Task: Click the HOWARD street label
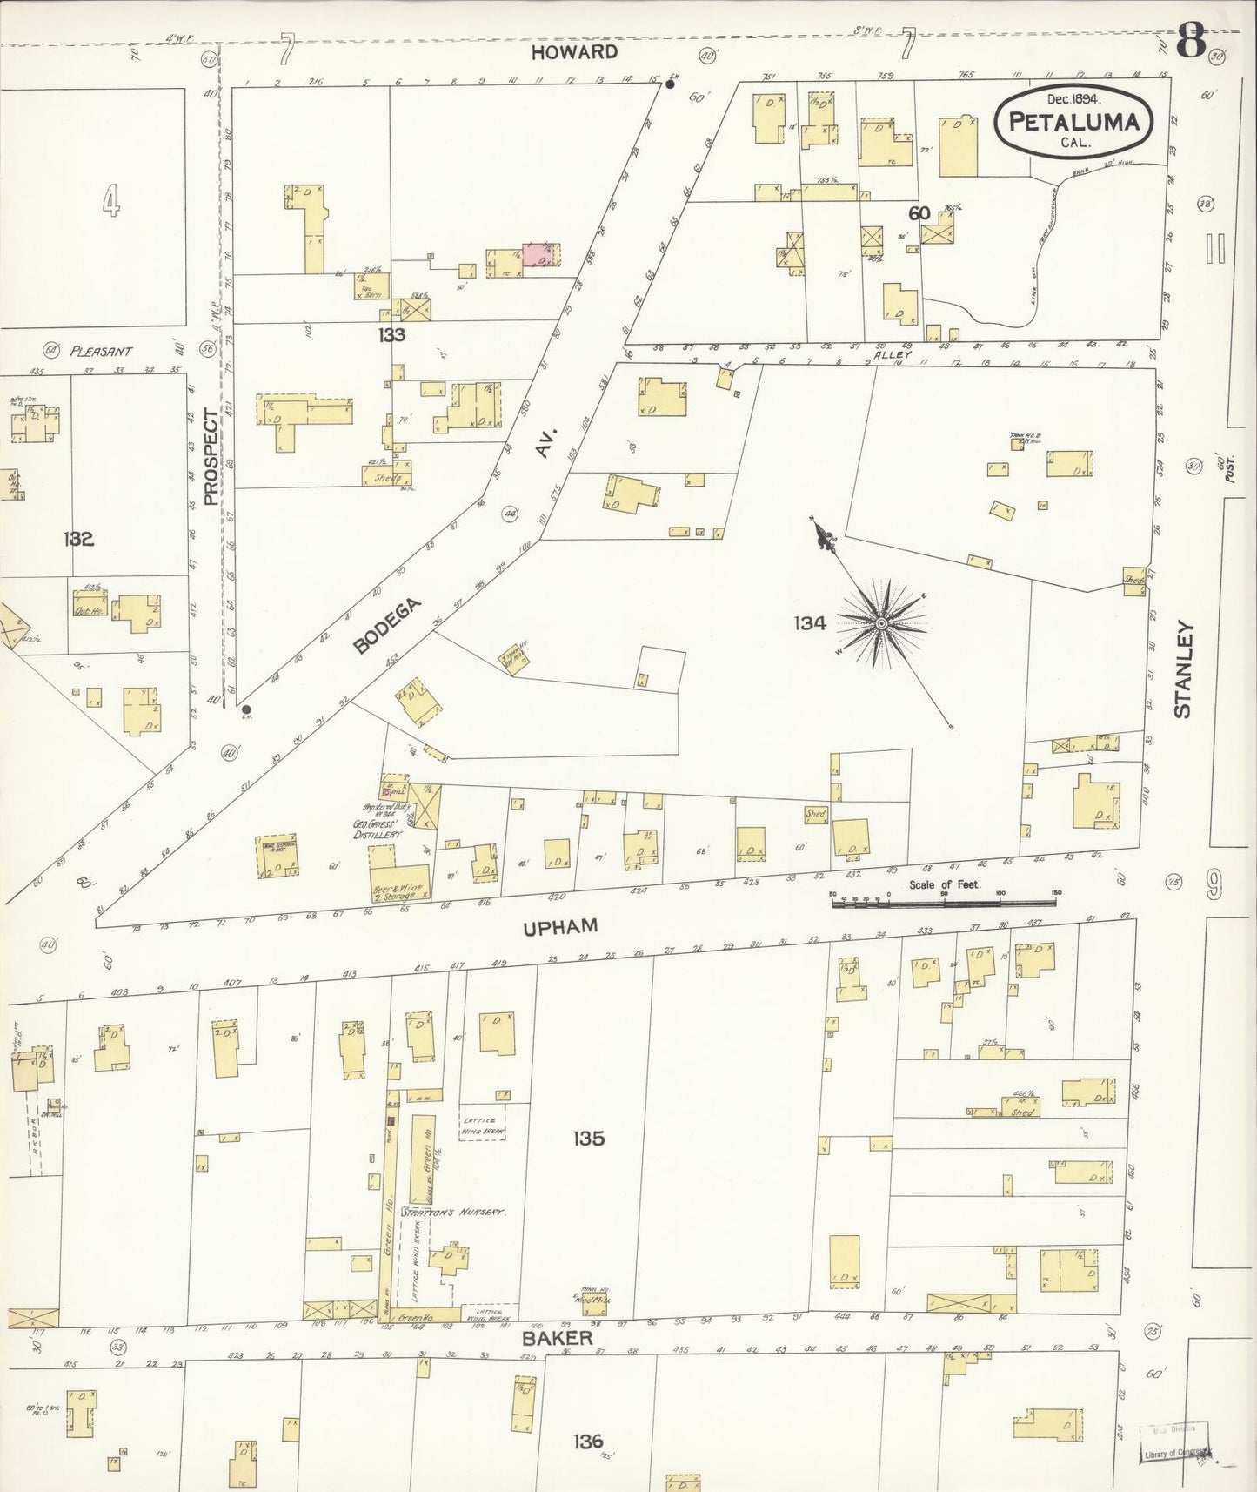(x=574, y=52)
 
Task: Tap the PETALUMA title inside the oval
(x=1073, y=122)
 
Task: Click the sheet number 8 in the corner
(x=1191, y=41)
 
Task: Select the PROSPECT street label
(x=211, y=457)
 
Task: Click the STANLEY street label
(x=1182, y=669)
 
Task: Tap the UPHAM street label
(x=560, y=927)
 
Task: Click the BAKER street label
(x=545, y=1338)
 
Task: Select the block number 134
(x=808, y=622)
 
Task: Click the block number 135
(x=588, y=1138)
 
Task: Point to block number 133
(x=391, y=334)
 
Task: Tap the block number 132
(x=78, y=539)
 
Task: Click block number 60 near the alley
(x=919, y=213)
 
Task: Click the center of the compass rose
(x=881, y=623)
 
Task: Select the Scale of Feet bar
(x=944, y=904)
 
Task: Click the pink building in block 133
(x=540, y=254)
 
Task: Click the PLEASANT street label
(x=102, y=351)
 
